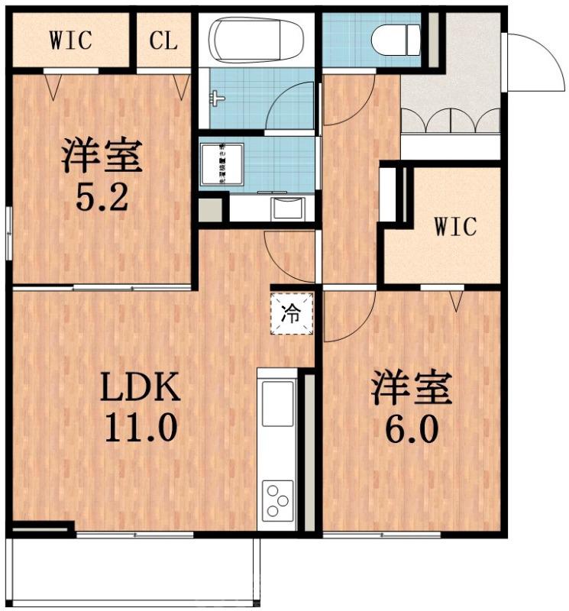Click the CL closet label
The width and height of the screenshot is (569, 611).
[x=163, y=40]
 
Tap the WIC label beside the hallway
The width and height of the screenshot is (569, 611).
[x=456, y=226]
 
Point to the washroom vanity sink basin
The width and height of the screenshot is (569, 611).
[x=288, y=208]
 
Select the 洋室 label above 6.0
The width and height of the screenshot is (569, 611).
[x=411, y=388]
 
